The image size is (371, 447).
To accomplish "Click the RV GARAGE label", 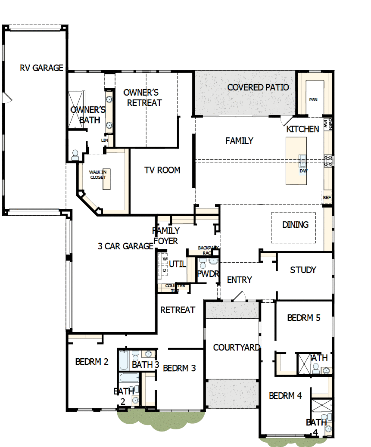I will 41,68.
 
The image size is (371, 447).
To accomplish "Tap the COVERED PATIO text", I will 258,87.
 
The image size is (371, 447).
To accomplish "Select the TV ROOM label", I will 162,170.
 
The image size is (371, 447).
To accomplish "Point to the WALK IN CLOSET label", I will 97,174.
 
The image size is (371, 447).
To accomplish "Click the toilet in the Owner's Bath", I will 75,155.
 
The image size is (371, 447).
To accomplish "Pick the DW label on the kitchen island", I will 304,171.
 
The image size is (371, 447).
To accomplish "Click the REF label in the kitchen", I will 327,198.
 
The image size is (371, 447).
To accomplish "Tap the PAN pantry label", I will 313,99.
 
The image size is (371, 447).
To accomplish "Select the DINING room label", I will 295,225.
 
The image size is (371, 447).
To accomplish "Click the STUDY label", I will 303,270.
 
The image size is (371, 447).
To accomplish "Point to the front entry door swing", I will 240,296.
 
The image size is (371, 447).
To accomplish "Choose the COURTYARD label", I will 236,348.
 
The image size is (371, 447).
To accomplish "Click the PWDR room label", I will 208,274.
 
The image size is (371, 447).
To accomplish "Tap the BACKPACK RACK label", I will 208,250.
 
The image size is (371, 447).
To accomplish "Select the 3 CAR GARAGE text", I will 125,246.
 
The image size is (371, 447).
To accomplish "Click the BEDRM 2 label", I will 92,362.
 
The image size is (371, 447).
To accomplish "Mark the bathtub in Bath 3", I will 123,360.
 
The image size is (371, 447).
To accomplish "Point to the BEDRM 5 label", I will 304,318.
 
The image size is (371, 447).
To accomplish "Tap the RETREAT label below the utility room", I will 178,310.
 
